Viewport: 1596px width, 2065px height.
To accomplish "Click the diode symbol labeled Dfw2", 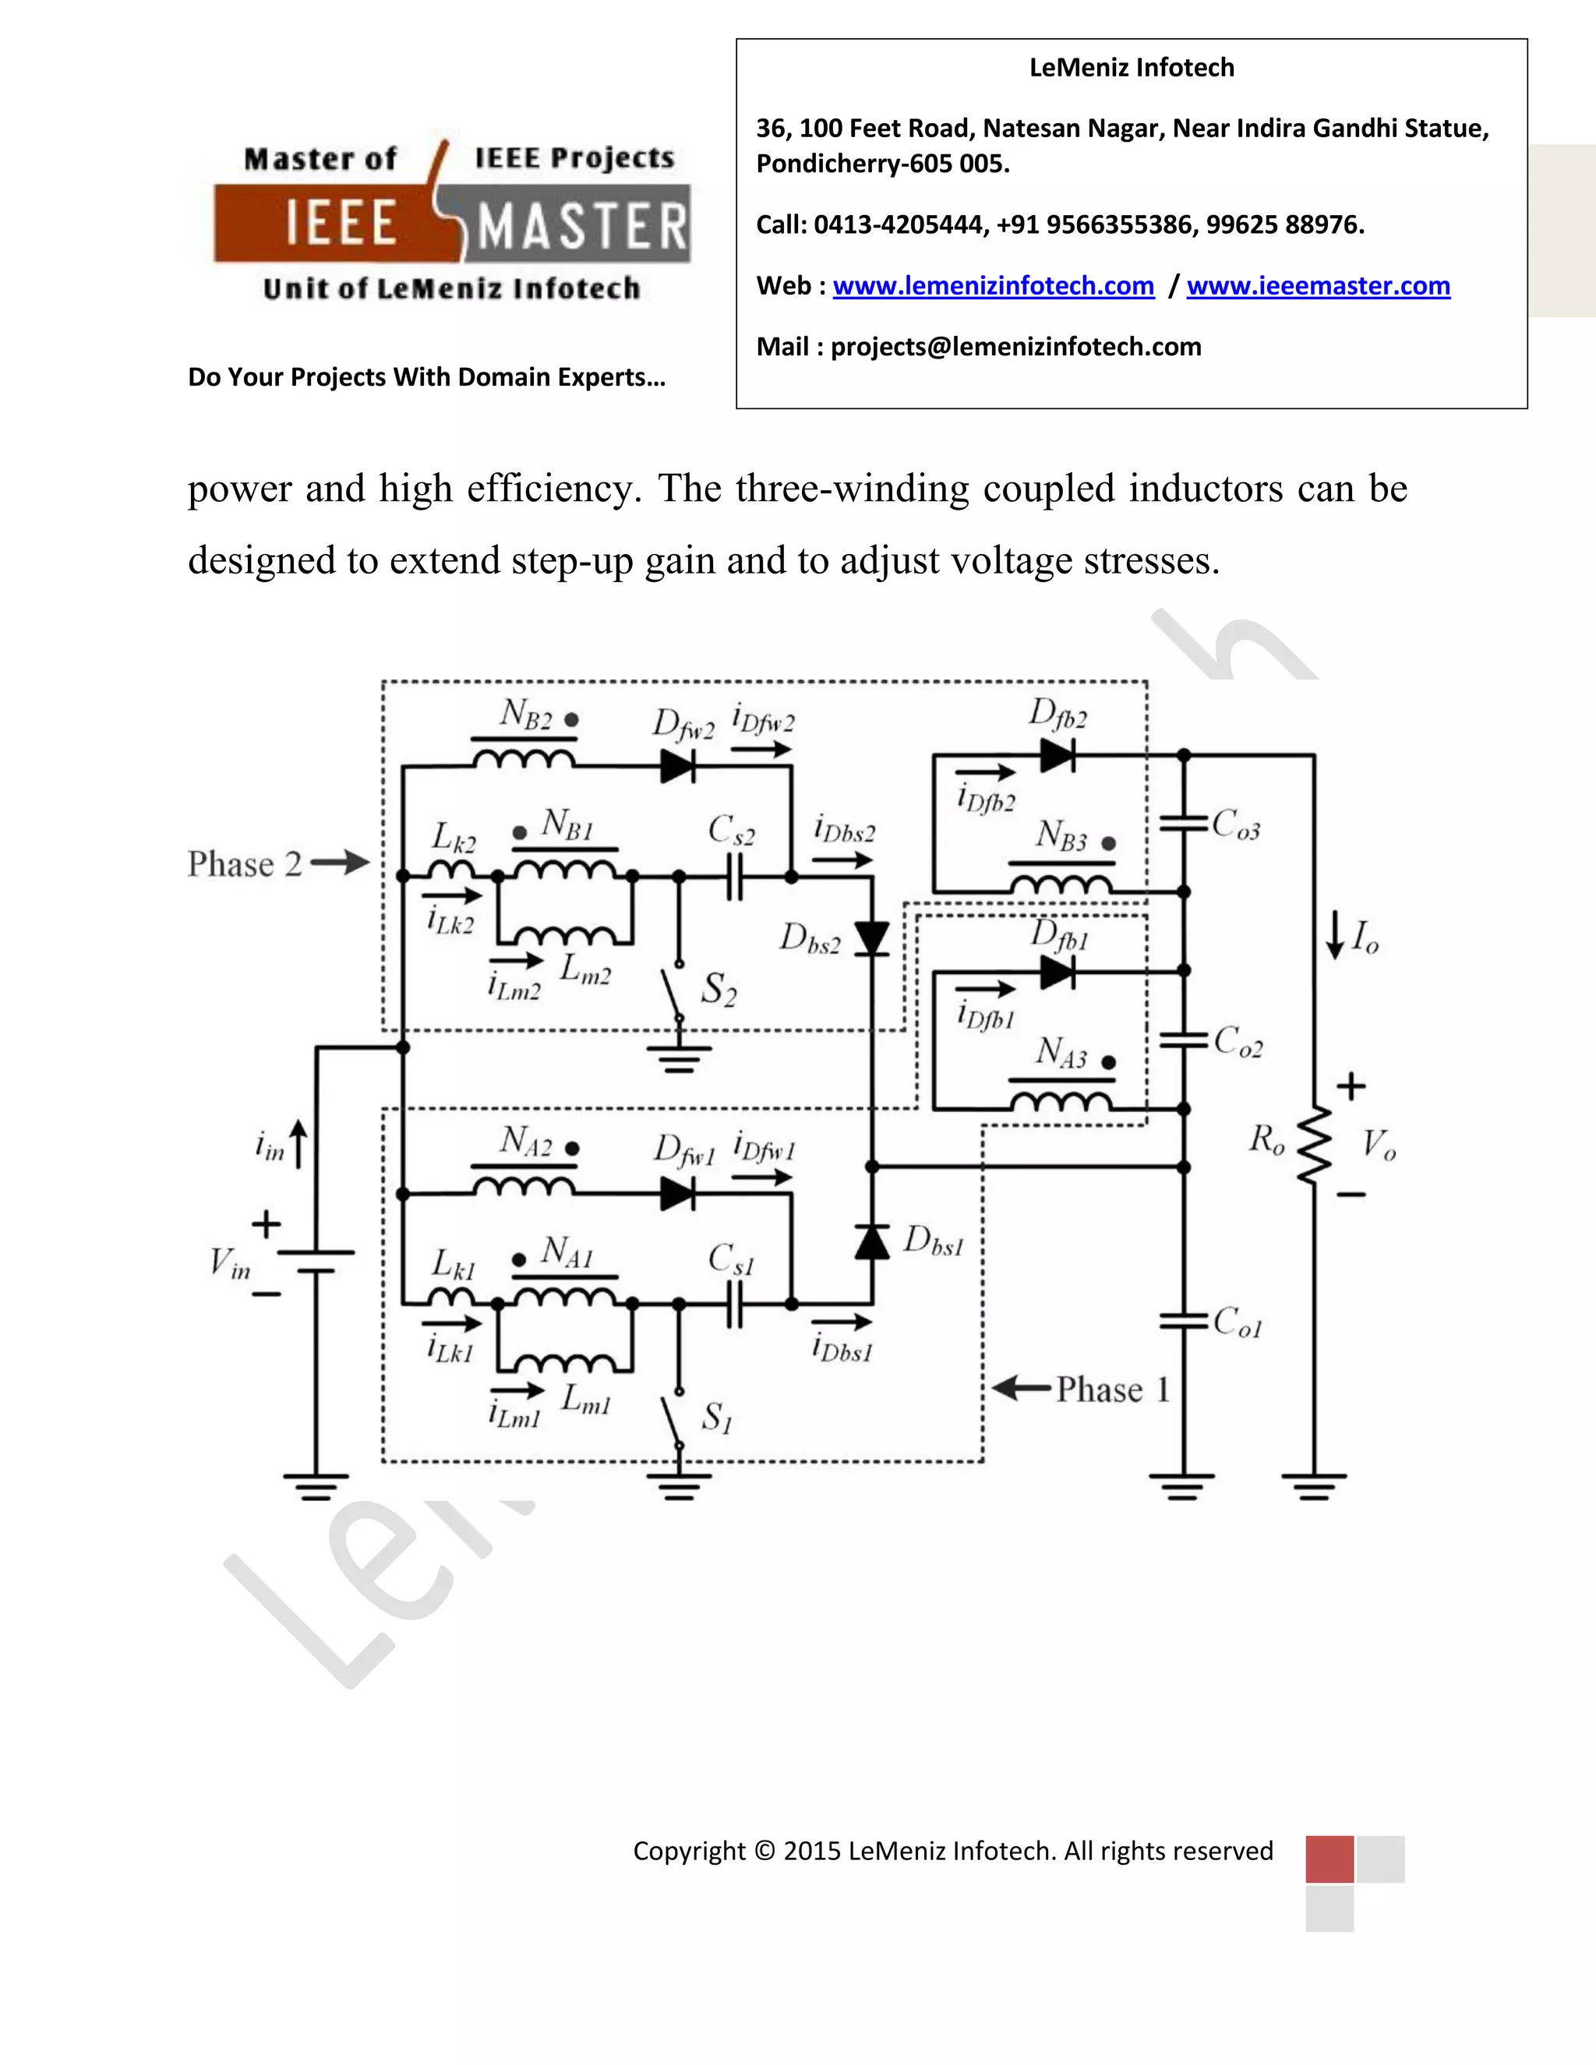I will (x=678, y=766).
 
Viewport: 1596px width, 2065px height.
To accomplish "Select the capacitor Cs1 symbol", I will (x=735, y=1304).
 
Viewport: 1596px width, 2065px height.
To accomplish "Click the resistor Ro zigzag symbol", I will (x=1314, y=1146).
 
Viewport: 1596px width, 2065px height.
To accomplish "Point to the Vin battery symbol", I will (x=316, y=1262).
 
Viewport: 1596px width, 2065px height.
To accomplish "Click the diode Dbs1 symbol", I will (x=872, y=1241).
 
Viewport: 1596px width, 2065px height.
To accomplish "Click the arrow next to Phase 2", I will (x=341, y=863).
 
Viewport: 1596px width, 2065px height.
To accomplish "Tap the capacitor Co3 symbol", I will (x=1184, y=823).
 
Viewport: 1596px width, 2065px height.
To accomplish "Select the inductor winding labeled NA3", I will (x=1060, y=1100).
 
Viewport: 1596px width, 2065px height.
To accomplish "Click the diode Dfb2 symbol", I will (x=1057, y=755).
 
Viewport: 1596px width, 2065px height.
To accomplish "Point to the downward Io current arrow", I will (x=1335, y=936).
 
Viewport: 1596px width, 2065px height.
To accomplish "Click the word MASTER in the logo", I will (x=581, y=227).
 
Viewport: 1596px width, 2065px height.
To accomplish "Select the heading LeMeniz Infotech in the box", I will (x=1131, y=68).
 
